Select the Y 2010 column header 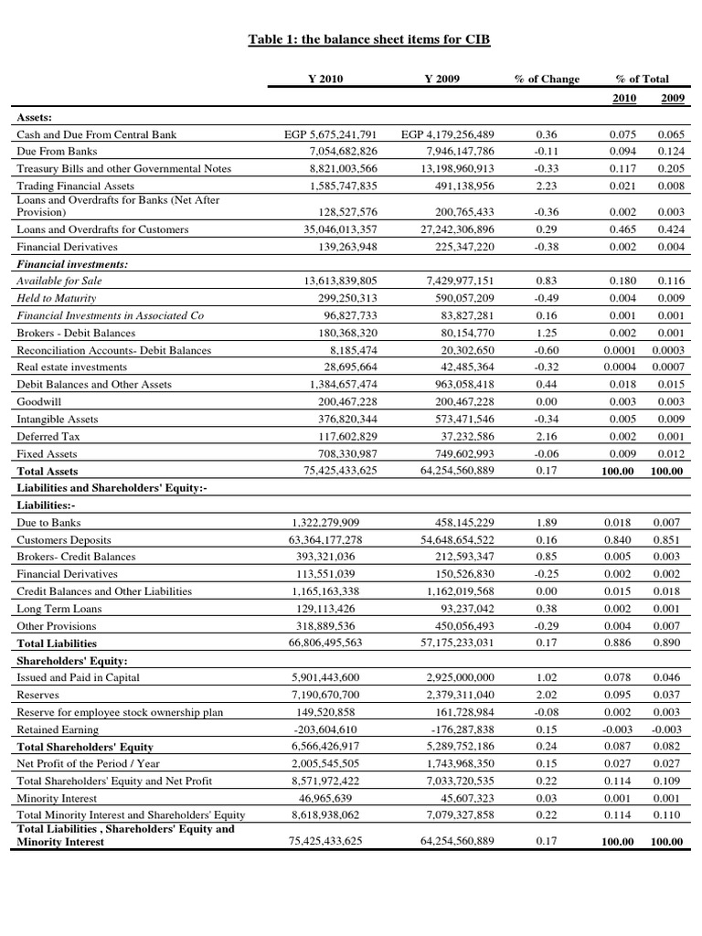326,80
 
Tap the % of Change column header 547,80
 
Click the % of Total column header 643,80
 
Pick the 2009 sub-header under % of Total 675,99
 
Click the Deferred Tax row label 47,436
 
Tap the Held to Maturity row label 57,298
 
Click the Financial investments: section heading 72,264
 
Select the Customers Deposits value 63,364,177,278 326,540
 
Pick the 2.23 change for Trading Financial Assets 547,186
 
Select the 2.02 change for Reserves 547,695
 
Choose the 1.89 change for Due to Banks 547,523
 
